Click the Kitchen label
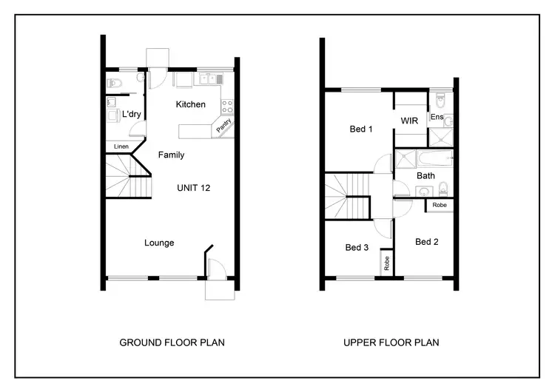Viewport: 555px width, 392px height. pyautogui.click(x=190, y=104)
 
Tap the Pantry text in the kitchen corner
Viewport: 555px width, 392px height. pyautogui.click(x=224, y=126)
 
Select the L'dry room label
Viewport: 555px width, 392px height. pyautogui.click(x=131, y=114)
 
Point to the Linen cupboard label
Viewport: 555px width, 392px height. pyautogui.click(x=121, y=147)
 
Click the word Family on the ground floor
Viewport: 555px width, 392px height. pyautogui.click(x=171, y=155)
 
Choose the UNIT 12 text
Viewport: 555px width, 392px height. pyautogui.click(x=193, y=189)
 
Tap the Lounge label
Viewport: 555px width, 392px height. pyautogui.click(x=159, y=242)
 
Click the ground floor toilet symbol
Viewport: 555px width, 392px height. pyautogui.click(x=113, y=82)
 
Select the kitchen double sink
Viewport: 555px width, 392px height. pyautogui.click(x=206, y=78)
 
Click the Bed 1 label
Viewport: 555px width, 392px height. pyautogui.click(x=361, y=129)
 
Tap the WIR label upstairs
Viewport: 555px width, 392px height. pyautogui.click(x=410, y=120)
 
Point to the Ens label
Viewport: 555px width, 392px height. pyautogui.click(x=437, y=117)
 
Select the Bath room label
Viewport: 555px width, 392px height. pyautogui.click(x=425, y=176)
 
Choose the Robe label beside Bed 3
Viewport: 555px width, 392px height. pyautogui.click(x=386, y=263)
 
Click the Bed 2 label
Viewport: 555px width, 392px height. pyautogui.click(x=427, y=242)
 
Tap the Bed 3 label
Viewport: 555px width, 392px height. pyautogui.click(x=357, y=248)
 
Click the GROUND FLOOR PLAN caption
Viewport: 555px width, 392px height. pyautogui.click(x=172, y=342)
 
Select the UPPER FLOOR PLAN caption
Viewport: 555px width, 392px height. pyautogui.click(x=391, y=342)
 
